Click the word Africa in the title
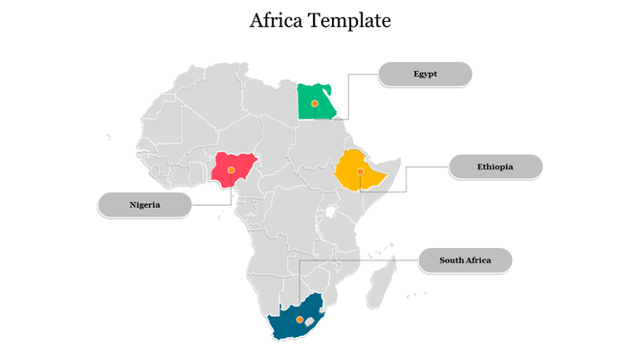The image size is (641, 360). pyautogui.click(x=276, y=20)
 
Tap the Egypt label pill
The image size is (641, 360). pyautogui.click(x=426, y=74)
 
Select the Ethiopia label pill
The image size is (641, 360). pyautogui.click(x=496, y=167)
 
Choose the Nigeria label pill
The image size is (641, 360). pyautogui.click(x=144, y=204)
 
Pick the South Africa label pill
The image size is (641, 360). pyautogui.click(x=465, y=259)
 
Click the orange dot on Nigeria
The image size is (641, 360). pyautogui.click(x=232, y=169)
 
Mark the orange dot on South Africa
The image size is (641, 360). pyautogui.click(x=299, y=319)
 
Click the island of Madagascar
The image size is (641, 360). pyautogui.click(x=382, y=285)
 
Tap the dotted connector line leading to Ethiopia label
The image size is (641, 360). pyautogui.click(x=407, y=178)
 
